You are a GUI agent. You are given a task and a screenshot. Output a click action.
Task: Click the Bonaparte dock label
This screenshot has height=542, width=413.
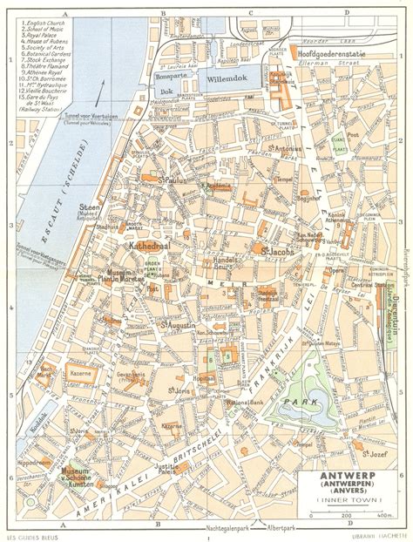[x=169, y=77]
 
